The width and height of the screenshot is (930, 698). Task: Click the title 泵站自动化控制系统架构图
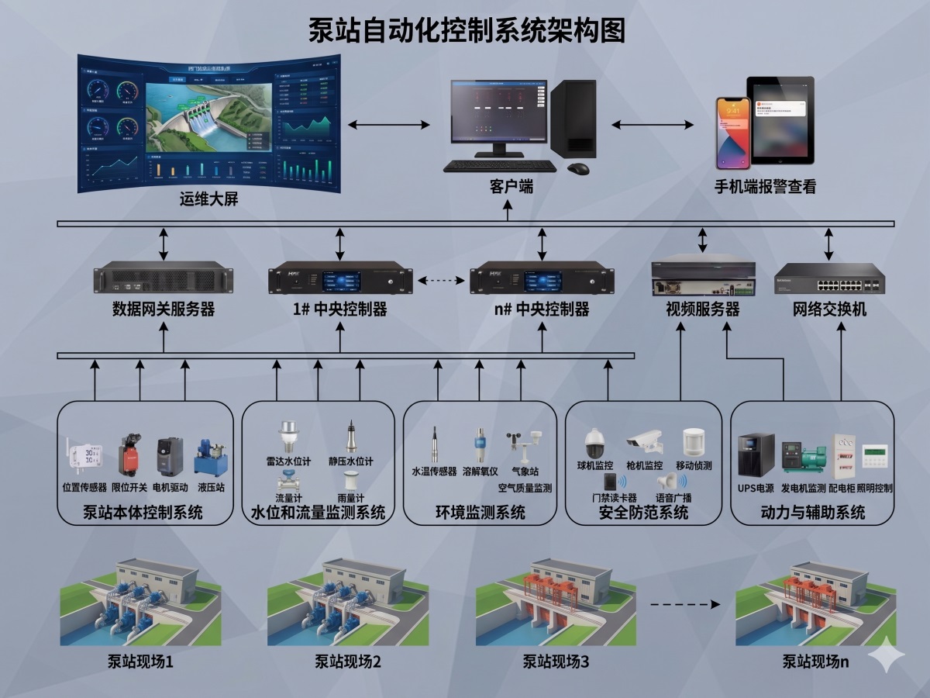click(467, 30)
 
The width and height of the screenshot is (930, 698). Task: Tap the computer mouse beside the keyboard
click(577, 168)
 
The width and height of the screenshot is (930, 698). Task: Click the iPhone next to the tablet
click(732, 132)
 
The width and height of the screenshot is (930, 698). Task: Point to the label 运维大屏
click(208, 199)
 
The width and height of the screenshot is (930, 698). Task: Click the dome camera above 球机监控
click(598, 444)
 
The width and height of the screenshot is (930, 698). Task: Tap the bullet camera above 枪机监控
click(645, 442)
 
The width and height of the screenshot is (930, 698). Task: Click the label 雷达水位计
click(288, 461)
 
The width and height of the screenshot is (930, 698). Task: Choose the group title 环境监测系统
click(480, 513)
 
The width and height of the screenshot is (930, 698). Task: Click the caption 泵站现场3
click(556, 662)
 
